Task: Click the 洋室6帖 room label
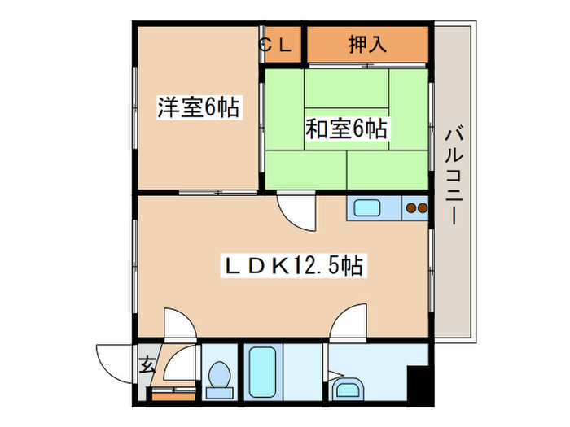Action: [x=199, y=107]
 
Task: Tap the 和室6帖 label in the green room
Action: [x=346, y=129]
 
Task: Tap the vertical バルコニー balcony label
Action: [x=453, y=175]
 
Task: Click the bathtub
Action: [x=262, y=372]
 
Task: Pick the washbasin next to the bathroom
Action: [x=348, y=389]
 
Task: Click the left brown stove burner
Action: [x=412, y=208]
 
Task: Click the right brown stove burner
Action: [x=423, y=208]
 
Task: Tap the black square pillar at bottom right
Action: [x=419, y=383]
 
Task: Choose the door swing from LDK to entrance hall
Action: [x=178, y=325]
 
